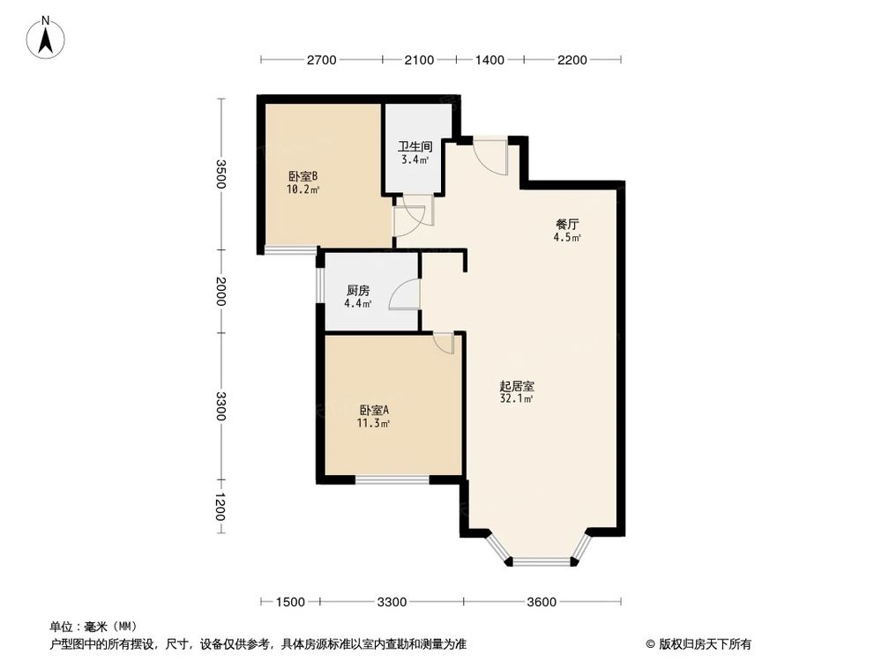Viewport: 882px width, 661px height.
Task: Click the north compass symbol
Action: pyautogui.click(x=49, y=38)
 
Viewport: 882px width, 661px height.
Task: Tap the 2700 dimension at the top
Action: pyautogui.click(x=322, y=60)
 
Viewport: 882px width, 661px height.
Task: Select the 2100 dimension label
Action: pyautogui.click(x=419, y=60)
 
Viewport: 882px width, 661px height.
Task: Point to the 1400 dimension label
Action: pyautogui.click(x=490, y=60)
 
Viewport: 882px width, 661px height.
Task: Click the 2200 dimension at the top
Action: pyautogui.click(x=572, y=60)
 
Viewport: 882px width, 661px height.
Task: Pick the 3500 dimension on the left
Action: pyautogui.click(x=222, y=174)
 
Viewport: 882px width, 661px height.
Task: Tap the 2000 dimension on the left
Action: pyautogui.click(x=222, y=292)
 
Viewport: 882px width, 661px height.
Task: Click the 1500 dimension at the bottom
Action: pyautogui.click(x=290, y=602)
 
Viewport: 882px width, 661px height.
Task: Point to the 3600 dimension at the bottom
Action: pyautogui.click(x=542, y=602)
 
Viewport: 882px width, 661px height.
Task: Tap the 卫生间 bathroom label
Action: pyautogui.click(x=414, y=147)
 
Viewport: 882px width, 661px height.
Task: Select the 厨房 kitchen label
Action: pyautogui.click(x=357, y=291)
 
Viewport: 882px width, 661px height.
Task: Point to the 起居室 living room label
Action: pyautogui.click(x=516, y=386)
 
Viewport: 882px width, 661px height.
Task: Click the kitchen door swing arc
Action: pyautogui.click(x=403, y=294)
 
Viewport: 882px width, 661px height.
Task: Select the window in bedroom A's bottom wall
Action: pyautogui.click(x=392, y=479)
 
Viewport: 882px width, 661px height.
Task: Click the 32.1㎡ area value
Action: pyautogui.click(x=516, y=399)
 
